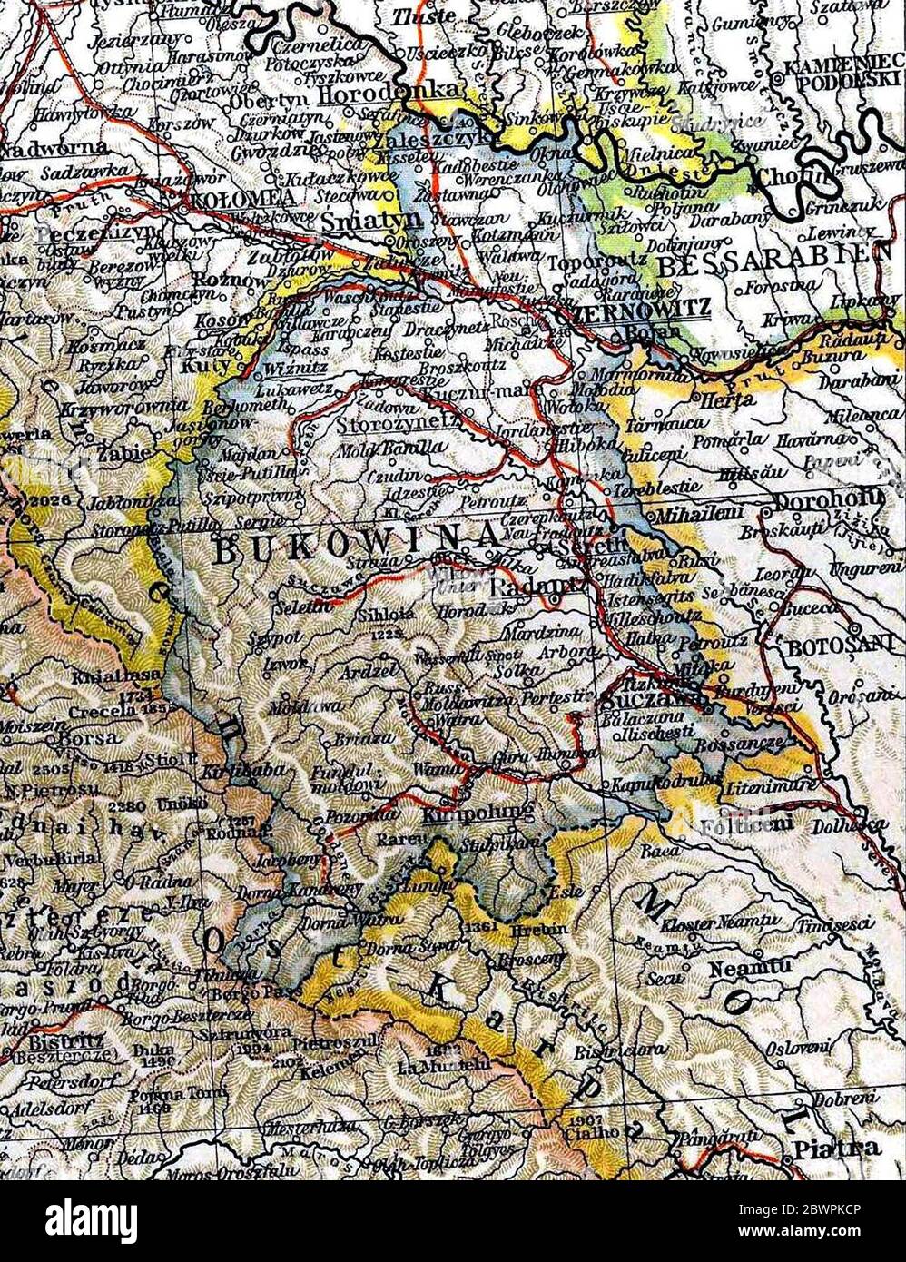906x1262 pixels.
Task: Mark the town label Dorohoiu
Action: [828, 498]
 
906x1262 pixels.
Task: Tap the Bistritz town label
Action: [64, 1040]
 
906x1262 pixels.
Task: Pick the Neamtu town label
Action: [737, 968]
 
